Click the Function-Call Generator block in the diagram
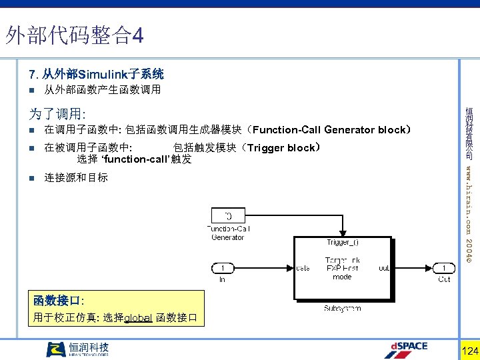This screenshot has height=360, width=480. tap(228, 215)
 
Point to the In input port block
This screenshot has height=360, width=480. tap(223, 268)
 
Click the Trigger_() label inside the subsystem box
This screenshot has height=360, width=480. tap(343, 242)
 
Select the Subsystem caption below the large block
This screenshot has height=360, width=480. tap(343, 308)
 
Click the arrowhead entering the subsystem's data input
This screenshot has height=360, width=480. tap(291, 268)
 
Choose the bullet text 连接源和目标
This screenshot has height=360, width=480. tap(76, 178)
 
